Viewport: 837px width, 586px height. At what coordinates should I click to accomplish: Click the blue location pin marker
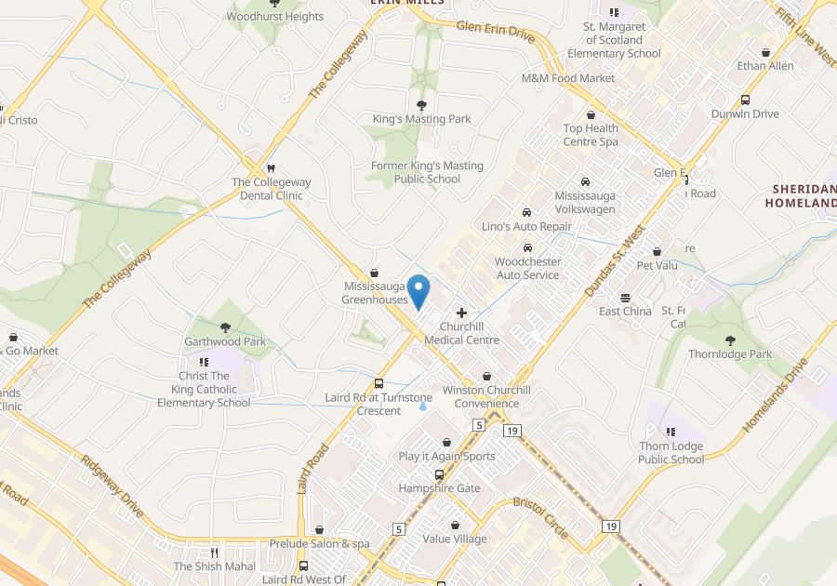click(418, 290)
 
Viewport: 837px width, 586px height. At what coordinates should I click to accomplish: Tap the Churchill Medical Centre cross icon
click(461, 313)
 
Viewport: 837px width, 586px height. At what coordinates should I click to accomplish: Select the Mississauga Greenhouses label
click(375, 293)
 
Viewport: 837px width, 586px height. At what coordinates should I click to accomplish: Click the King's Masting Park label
click(421, 119)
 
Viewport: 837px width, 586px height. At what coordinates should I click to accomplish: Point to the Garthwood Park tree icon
click(226, 327)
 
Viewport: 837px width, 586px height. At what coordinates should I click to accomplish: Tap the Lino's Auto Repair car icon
click(527, 212)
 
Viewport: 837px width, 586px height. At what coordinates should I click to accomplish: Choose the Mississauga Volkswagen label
click(585, 203)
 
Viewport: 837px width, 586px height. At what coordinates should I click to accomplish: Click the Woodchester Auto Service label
click(527, 269)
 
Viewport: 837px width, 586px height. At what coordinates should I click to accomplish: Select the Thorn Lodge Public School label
click(671, 453)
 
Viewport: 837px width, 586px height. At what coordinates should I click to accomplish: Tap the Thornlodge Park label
click(730, 354)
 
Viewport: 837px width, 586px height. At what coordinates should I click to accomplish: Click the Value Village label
click(454, 539)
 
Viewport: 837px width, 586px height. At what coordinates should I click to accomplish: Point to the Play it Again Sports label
click(446, 457)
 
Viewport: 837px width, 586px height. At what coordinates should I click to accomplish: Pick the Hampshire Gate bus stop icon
click(440, 474)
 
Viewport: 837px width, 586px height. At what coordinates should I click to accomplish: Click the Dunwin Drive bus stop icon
click(745, 100)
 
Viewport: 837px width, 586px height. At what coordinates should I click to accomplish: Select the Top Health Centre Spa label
click(591, 135)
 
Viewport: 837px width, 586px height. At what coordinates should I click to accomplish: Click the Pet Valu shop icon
click(657, 251)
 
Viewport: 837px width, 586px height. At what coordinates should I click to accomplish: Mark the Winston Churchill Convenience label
click(486, 397)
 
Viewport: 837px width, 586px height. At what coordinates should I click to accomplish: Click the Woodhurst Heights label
click(275, 17)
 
